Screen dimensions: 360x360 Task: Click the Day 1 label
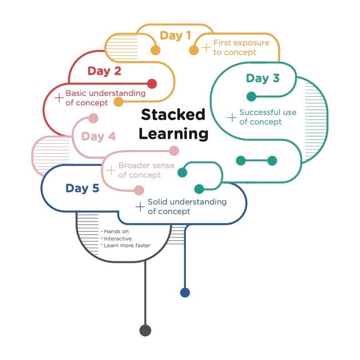(x=175, y=36)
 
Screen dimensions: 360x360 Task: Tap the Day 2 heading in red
(x=105, y=71)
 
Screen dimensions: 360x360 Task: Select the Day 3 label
(x=263, y=78)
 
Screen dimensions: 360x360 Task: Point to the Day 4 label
(x=99, y=136)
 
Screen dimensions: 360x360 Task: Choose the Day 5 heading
(x=82, y=188)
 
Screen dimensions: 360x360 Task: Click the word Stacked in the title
(x=173, y=115)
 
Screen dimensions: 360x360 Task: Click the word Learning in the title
(x=174, y=134)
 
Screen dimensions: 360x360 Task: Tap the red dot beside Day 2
(x=152, y=84)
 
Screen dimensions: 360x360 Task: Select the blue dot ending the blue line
(x=185, y=293)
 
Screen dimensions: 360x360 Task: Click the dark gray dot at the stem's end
(x=145, y=330)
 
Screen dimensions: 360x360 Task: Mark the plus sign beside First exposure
(x=206, y=47)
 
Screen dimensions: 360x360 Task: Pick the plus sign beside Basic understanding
(x=59, y=98)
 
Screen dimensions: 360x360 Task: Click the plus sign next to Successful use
(x=232, y=118)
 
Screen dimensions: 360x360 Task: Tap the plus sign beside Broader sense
(x=110, y=170)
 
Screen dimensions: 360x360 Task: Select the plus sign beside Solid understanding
(x=140, y=207)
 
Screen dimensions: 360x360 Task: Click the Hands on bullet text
(x=116, y=231)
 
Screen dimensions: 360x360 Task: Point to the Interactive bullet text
(x=118, y=239)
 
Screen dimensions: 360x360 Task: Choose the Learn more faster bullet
(x=127, y=245)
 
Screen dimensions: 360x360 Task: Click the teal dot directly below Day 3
(x=251, y=96)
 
